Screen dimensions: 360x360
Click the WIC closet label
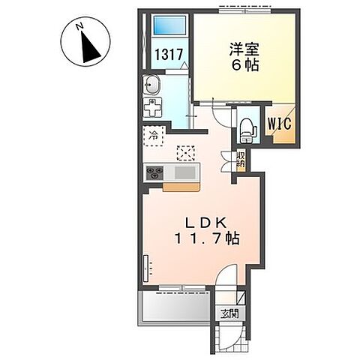click(x=275, y=123)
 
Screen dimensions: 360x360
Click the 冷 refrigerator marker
click(x=153, y=136)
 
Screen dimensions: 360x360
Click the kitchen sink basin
click(x=183, y=173)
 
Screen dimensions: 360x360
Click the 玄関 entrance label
click(x=229, y=314)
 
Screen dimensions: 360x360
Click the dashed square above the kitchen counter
click(x=184, y=152)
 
